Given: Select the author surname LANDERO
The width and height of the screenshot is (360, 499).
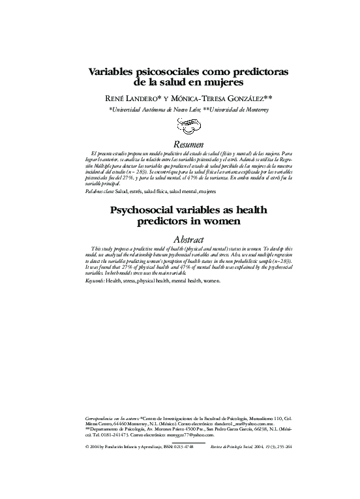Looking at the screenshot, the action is coord(136,98).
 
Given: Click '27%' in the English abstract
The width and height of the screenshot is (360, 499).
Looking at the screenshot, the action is coord(130,267).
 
